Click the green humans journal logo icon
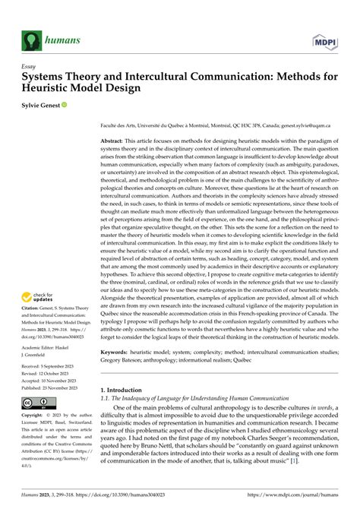[32, 38]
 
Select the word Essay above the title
[30, 66]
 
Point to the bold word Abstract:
[115, 142]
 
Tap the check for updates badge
[39, 299]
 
